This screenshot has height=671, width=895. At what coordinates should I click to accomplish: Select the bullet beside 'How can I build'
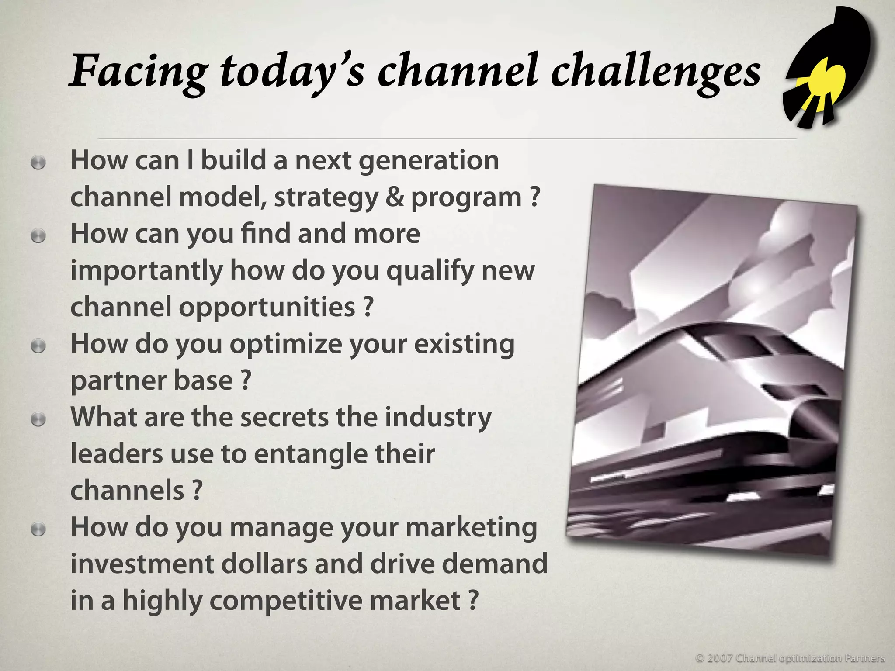(x=38, y=163)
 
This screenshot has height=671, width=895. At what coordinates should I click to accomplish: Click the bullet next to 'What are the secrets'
(x=38, y=420)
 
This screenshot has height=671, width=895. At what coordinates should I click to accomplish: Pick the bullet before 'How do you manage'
(x=38, y=530)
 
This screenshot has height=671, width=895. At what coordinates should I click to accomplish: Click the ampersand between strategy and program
(x=395, y=197)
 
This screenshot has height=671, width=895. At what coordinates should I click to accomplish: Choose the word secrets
(x=284, y=418)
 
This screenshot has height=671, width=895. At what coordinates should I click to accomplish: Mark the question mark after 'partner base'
(x=246, y=380)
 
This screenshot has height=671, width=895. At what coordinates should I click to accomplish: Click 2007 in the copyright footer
(x=720, y=658)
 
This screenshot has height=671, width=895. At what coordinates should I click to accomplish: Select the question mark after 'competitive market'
(x=473, y=601)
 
